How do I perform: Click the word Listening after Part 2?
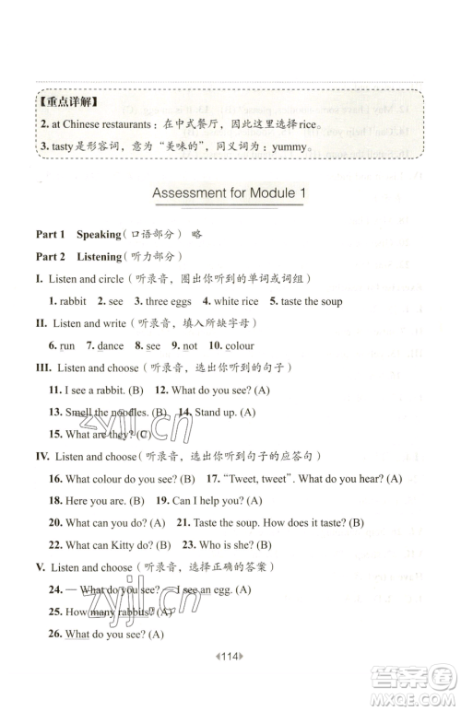coord(101,257)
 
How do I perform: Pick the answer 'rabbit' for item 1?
coord(72,301)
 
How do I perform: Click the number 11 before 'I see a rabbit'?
coord(54,390)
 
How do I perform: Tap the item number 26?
coord(54,634)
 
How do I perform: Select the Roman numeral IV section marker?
coord(42,456)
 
